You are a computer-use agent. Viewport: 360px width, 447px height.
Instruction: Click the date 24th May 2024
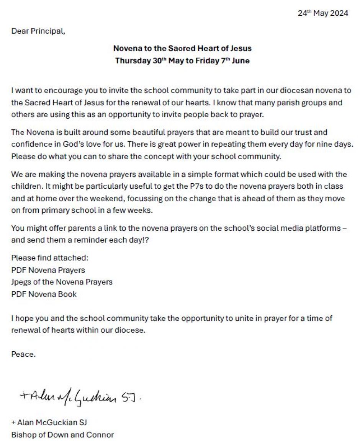click(323, 13)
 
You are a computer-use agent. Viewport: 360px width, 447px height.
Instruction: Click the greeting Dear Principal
click(38, 31)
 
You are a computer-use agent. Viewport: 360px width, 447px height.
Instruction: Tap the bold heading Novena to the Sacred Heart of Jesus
click(182, 49)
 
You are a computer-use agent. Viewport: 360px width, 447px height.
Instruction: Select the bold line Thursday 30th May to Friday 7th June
click(182, 61)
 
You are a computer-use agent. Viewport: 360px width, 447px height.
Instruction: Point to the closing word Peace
click(23, 354)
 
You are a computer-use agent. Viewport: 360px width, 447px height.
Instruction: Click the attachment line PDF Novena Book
click(44, 294)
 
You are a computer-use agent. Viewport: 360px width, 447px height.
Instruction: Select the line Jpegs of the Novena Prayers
click(62, 282)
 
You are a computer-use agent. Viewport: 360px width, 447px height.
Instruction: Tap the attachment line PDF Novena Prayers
click(48, 270)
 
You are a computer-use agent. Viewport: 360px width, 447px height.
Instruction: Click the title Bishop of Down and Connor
click(62, 435)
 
